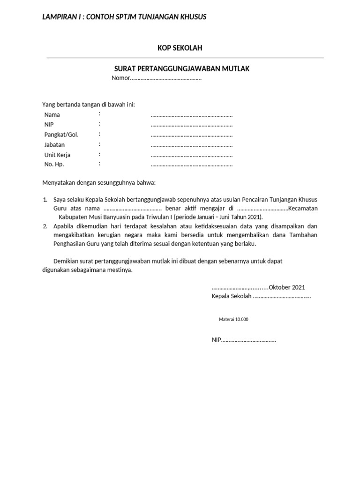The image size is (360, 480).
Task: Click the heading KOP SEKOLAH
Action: (x=180, y=48)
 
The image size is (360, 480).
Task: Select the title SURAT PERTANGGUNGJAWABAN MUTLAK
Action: (x=182, y=69)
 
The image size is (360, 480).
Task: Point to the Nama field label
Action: (x=52, y=115)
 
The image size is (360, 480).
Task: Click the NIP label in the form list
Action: (x=49, y=125)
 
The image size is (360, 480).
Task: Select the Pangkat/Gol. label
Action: (x=61, y=135)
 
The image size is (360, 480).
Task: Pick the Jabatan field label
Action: (x=54, y=145)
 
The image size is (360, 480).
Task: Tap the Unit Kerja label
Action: (x=57, y=155)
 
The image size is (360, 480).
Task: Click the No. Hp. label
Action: (x=54, y=165)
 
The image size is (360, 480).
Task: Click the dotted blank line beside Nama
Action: (x=191, y=115)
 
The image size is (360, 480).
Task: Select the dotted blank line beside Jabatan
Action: (x=191, y=145)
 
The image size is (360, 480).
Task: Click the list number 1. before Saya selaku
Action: (x=45, y=200)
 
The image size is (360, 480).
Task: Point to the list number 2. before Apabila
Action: (x=45, y=226)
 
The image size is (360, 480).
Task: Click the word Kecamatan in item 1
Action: (x=303, y=209)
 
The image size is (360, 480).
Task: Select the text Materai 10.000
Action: (x=233, y=320)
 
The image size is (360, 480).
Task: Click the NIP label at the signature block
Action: (x=216, y=340)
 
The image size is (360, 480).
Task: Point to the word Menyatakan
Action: (x=59, y=182)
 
